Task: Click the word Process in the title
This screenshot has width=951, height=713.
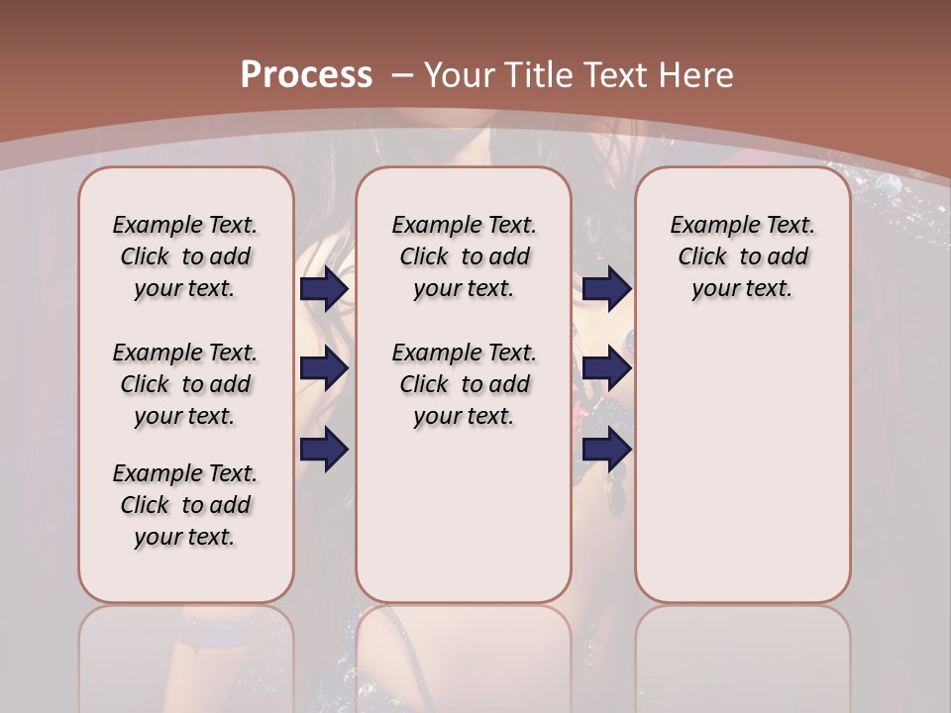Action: [x=306, y=75]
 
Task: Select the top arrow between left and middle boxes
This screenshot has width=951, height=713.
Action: [x=324, y=289]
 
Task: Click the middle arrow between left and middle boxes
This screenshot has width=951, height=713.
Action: [x=324, y=369]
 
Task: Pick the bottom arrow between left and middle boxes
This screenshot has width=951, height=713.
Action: [x=324, y=450]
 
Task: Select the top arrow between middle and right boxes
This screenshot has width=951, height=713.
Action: [x=606, y=289]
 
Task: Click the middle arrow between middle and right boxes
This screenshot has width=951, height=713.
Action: [x=606, y=369]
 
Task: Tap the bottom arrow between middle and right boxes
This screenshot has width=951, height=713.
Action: [x=606, y=450]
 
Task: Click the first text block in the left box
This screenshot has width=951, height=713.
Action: [x=185, y=256]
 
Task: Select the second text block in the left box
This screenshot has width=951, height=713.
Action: [x=185, y=384]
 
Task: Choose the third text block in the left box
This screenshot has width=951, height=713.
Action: [x=185, y=505]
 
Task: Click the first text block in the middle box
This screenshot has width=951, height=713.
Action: [x=464, y=256]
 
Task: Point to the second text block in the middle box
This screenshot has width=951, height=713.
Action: [x=464, y=384]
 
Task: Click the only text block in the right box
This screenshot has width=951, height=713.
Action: [x=742, y=256]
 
